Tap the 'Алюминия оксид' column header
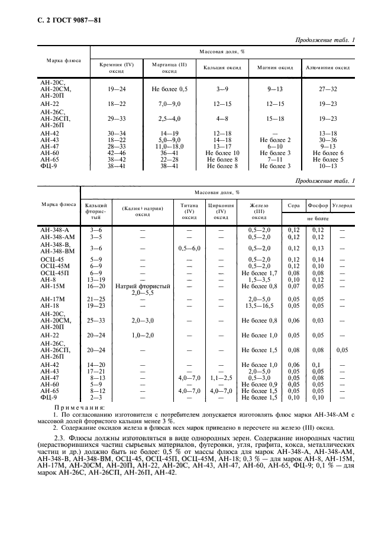click(327, 67)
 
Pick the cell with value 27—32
click(327, 89)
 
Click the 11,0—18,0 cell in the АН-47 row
click(170, 146)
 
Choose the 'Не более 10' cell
click(222, 152)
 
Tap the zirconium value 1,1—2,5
click(221, 376)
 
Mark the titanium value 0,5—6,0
click(189, 248)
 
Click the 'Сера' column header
click(293, 205)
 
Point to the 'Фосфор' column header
click(318, 205)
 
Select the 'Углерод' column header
click(342, 205)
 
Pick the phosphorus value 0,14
click(318, 259)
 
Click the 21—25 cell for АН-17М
click(95, 299)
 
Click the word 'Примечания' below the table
click(79, 407)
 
